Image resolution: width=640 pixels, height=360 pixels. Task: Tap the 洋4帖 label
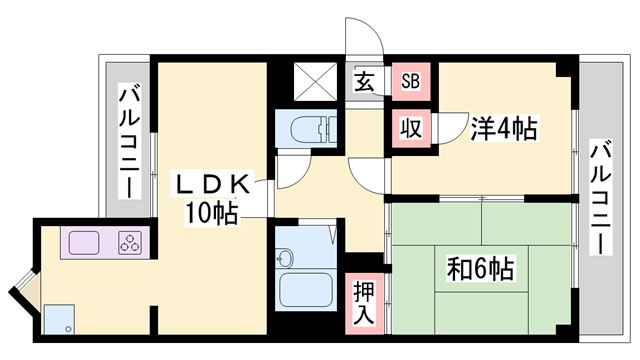click(x=505, y=129)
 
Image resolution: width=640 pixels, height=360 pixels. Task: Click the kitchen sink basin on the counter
click(x=83, y=242)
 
